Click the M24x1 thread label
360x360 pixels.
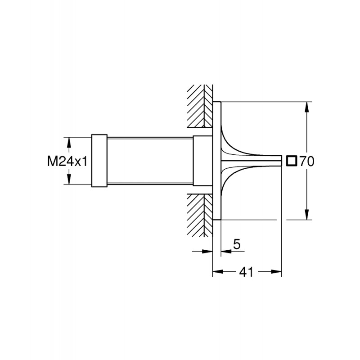67,161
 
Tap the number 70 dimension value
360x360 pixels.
307,161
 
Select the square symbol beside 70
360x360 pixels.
292,161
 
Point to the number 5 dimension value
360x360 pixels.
237,244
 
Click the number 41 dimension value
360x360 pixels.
246,272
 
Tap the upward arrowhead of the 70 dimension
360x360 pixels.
307,107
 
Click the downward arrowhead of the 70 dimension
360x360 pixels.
307,215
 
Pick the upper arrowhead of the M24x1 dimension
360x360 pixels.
69,142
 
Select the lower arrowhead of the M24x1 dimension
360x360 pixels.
69,179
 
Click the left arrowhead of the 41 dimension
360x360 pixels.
218,272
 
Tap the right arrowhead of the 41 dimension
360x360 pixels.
276,272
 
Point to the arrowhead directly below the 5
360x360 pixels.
226,252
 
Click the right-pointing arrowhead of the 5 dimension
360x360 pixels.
207,252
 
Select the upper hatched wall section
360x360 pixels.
200,106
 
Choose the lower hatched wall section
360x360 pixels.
200,216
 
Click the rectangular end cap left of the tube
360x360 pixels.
99,161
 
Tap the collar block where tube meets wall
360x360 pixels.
202,161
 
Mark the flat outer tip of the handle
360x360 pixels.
281,161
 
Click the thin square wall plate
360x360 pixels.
217,161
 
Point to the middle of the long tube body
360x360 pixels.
150,161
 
